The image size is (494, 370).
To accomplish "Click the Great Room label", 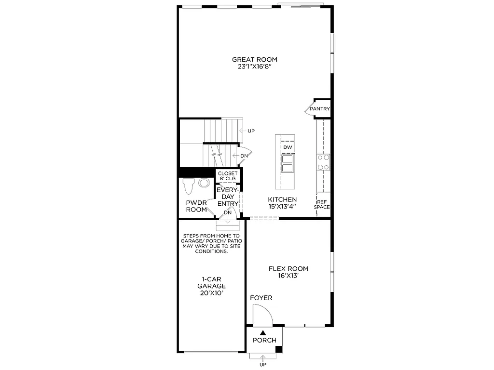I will [255, 60].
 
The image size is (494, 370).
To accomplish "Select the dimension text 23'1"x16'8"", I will [255, 67].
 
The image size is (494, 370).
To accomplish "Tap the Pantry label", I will [320, 109].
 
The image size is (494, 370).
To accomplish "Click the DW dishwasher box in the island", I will [288, 147].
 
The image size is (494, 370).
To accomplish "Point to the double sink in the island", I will [288, 164].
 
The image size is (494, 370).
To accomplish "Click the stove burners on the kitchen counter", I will [323, 162].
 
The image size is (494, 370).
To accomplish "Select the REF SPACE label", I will [322, 204].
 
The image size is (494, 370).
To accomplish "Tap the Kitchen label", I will [282, 199].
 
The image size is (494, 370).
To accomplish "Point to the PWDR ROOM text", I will [196, 206].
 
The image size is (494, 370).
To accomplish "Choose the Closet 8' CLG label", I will [228, 176].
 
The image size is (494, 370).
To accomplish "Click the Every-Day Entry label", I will [228, 197].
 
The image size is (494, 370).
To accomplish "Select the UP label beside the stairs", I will [251, 131].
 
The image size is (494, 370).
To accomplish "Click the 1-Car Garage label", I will [211, 285].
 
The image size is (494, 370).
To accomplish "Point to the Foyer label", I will [261, 298].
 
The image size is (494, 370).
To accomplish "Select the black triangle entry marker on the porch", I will [263, 332].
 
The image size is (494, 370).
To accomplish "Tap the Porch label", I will [265, 340].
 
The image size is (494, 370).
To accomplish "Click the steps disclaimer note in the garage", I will [211, 243].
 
